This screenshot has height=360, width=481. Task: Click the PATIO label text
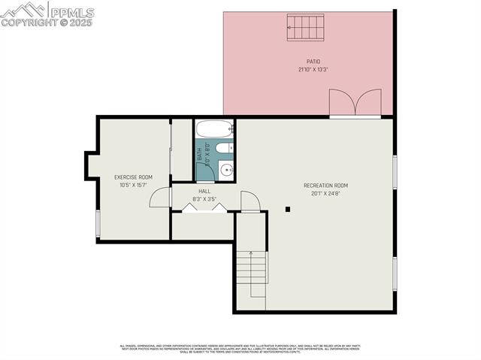pos(313,62)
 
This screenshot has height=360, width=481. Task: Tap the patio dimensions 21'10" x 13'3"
pos(313,69)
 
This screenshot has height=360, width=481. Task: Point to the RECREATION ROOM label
pos(325,186)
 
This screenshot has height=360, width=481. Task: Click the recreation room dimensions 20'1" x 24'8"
pos(325,193)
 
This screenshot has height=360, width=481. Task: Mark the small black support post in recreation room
pos(288,210)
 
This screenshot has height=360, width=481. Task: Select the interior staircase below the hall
pos(252,274)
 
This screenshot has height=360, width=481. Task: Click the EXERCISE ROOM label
pos(133,177)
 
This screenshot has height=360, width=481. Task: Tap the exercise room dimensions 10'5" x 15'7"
pos(133,185)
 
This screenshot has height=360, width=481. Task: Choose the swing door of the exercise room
pos(161,198)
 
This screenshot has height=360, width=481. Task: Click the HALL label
pos(204,192)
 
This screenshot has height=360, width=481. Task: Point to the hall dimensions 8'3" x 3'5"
pos(204,199)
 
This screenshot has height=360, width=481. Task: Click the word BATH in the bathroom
pos(200,154)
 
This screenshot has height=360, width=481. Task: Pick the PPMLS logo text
pos(71,12)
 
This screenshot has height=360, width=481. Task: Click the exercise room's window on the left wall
pos(98,223)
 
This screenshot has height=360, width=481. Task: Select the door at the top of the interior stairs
pos(251,201)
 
